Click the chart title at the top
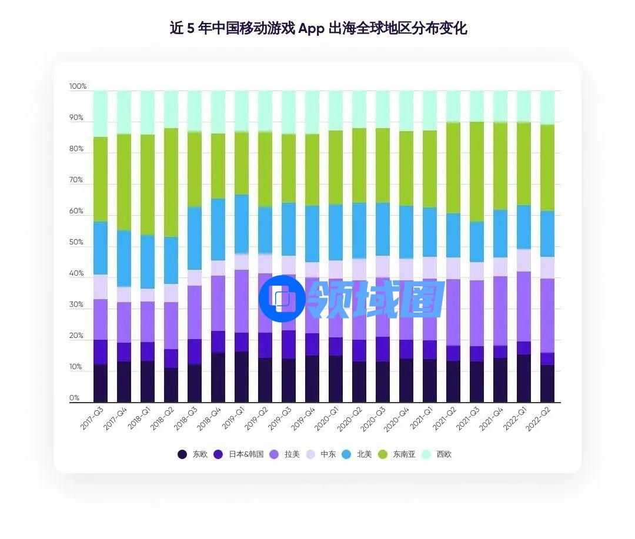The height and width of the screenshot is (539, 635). pyautogui.click(x=318, y=28)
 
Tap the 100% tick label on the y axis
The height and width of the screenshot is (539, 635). pyautogui.click(x=78, y=86)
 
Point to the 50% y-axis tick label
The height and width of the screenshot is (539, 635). pyautogui.click(x=76, y=243)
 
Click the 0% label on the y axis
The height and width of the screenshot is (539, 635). pyautogui.click(x=74, y=399)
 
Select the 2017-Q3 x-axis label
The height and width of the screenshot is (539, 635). pyautogui.click(x=93, y=417)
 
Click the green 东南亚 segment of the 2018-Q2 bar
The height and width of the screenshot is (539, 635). pyautogui.click(x=171, y=182)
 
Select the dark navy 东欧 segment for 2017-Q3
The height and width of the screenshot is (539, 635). pyautogui.click(x=101, y=383)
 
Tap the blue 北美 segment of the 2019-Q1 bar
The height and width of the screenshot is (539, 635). pyautogui.click(x=242, y=224)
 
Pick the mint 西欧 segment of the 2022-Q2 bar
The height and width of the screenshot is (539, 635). pyautogui.click(x=547, y=108)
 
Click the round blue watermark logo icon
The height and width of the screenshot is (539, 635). pyautogui.click(x=282, y=299)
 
